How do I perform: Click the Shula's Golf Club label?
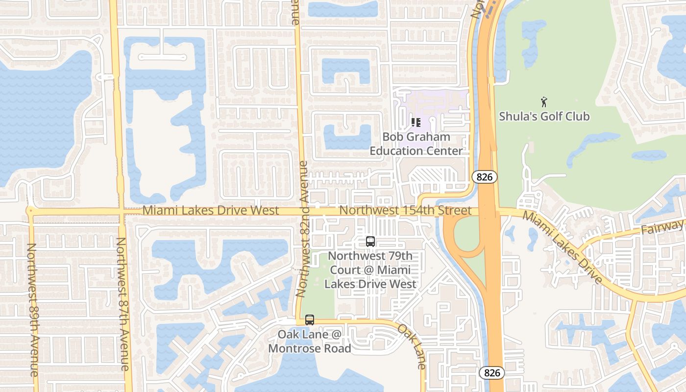544,117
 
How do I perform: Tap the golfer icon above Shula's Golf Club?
544,102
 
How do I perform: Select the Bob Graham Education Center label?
416,144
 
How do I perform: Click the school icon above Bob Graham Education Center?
416,122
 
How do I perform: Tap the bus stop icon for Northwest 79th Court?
370,242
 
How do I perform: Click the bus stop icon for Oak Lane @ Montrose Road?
310,320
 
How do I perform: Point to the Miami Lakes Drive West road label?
211,211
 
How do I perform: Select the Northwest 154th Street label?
405,211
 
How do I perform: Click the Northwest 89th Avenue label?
32,310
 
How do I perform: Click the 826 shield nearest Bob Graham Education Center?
485,177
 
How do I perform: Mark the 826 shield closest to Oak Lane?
491,373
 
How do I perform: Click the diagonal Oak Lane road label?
412,346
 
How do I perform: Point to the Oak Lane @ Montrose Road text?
310,342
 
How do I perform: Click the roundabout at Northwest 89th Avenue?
30,211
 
